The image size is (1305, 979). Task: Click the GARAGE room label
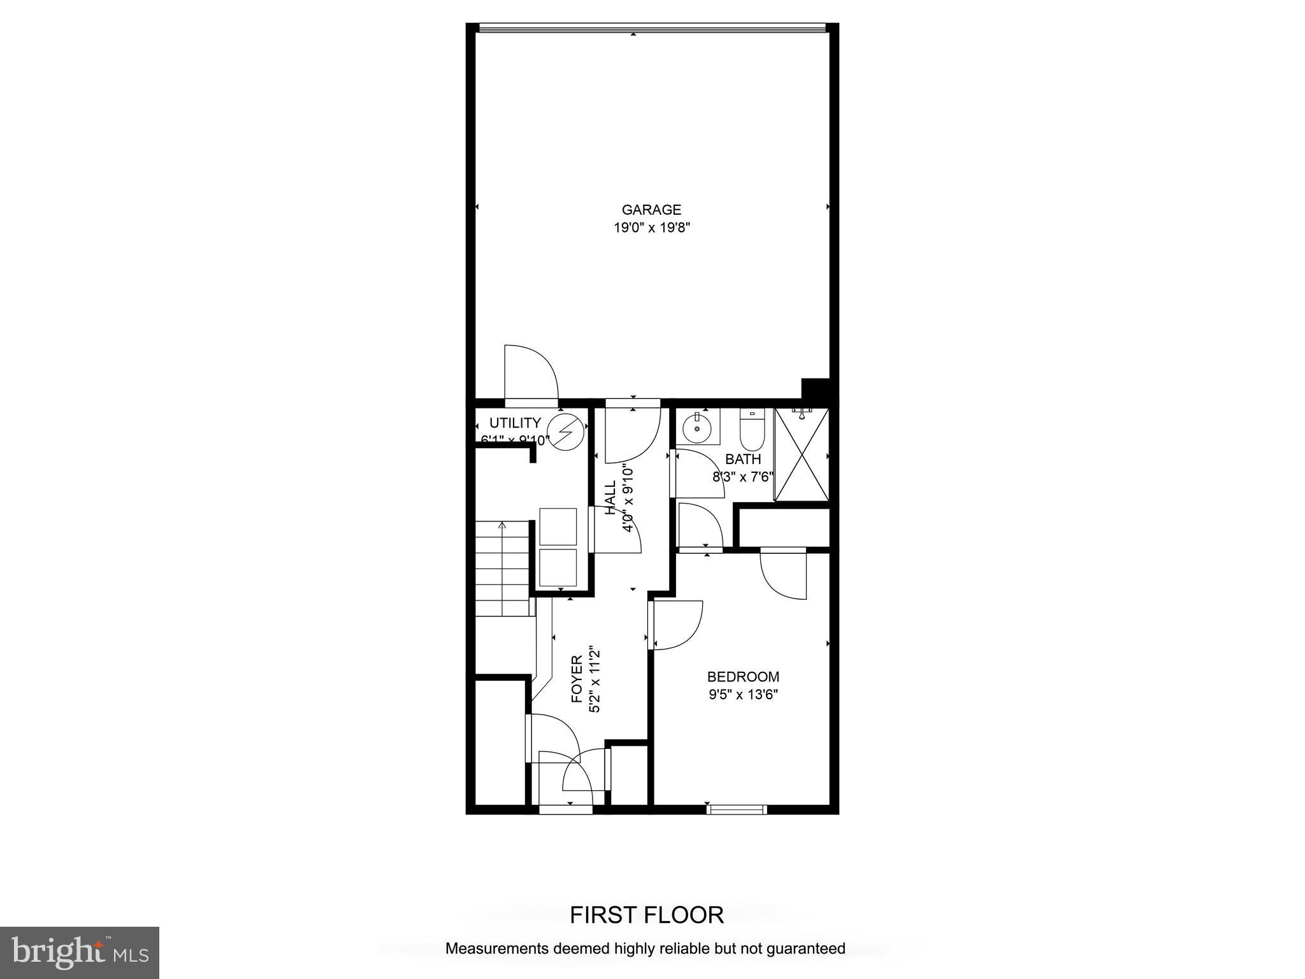[651, 210]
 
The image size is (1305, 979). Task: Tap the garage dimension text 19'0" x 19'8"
[651, 228]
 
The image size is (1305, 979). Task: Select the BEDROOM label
[743, 677]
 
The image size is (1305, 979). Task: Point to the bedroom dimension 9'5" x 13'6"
[743, 695]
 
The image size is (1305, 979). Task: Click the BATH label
[743, 459]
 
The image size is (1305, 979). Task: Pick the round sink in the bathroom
[697, 428]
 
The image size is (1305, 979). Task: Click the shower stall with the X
[802, 454]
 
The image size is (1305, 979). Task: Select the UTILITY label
[515, 423]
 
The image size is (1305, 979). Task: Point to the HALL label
[610, 498]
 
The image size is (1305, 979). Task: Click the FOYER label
[577, 679]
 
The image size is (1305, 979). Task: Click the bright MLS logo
[80, 952]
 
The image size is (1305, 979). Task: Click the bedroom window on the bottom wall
[736, 809]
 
